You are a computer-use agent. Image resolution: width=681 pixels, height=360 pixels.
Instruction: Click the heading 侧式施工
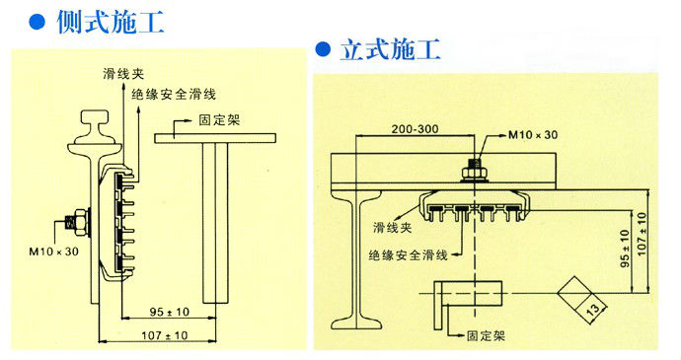111,22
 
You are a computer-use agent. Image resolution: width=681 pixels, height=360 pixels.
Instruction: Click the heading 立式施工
391,49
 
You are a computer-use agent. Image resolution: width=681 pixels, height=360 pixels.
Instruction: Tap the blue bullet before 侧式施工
37,22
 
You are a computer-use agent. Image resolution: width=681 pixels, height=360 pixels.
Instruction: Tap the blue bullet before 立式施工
323,48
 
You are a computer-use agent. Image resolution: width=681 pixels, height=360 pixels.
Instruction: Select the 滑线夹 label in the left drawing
123,74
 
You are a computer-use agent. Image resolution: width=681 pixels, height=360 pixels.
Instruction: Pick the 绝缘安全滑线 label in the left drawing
174,95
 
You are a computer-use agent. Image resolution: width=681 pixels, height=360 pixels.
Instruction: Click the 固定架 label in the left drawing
219,120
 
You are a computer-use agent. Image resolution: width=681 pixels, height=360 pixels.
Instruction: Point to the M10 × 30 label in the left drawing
54,252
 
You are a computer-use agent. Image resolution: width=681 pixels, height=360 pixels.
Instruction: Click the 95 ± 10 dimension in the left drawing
170,312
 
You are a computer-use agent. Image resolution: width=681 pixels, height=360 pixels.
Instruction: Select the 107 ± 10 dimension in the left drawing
165,335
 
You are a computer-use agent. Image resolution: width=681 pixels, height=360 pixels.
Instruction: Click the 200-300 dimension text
415,129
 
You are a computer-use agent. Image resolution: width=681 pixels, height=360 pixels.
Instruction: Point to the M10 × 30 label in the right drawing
533,135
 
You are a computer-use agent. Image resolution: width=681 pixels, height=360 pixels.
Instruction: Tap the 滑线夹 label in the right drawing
392,227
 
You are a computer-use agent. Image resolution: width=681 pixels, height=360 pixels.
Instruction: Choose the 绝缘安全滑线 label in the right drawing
408,254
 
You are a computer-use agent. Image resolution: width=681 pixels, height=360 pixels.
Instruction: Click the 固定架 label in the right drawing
486,335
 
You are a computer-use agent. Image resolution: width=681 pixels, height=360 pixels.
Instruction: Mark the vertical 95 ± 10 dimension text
624,249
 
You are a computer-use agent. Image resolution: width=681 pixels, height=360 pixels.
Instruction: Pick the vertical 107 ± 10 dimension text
642,235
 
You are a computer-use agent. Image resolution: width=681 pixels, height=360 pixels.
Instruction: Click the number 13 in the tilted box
593,309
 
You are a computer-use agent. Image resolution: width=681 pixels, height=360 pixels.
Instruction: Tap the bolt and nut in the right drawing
475,171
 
